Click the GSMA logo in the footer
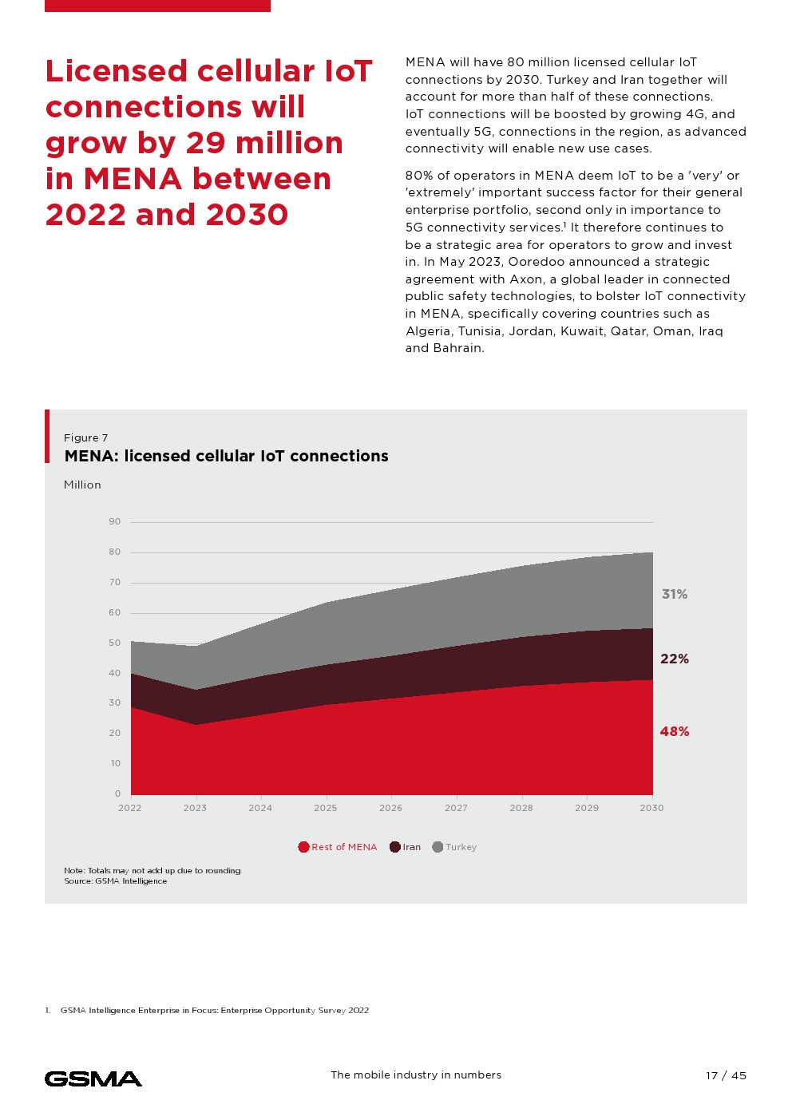click(93, 1078)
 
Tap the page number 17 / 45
click(726, 1075)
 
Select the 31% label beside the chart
click(674, 594)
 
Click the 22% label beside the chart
click(674, 659)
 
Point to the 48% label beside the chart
click(674, 731)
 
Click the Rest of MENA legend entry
click(338, 847)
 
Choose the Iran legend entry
click(406, 847)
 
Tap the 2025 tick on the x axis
click(325, 808)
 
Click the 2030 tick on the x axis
click(651, 808)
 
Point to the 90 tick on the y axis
click(115, 522)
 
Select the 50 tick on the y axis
click(115, 643)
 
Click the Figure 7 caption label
click(85, 437)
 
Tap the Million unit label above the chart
click(82, 485)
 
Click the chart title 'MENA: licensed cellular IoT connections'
click(226, 456)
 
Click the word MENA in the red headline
click(133, 179)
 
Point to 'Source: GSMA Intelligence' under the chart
click(116, 881)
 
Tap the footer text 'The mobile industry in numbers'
click(416, 1075)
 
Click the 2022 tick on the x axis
click(130, 808)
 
